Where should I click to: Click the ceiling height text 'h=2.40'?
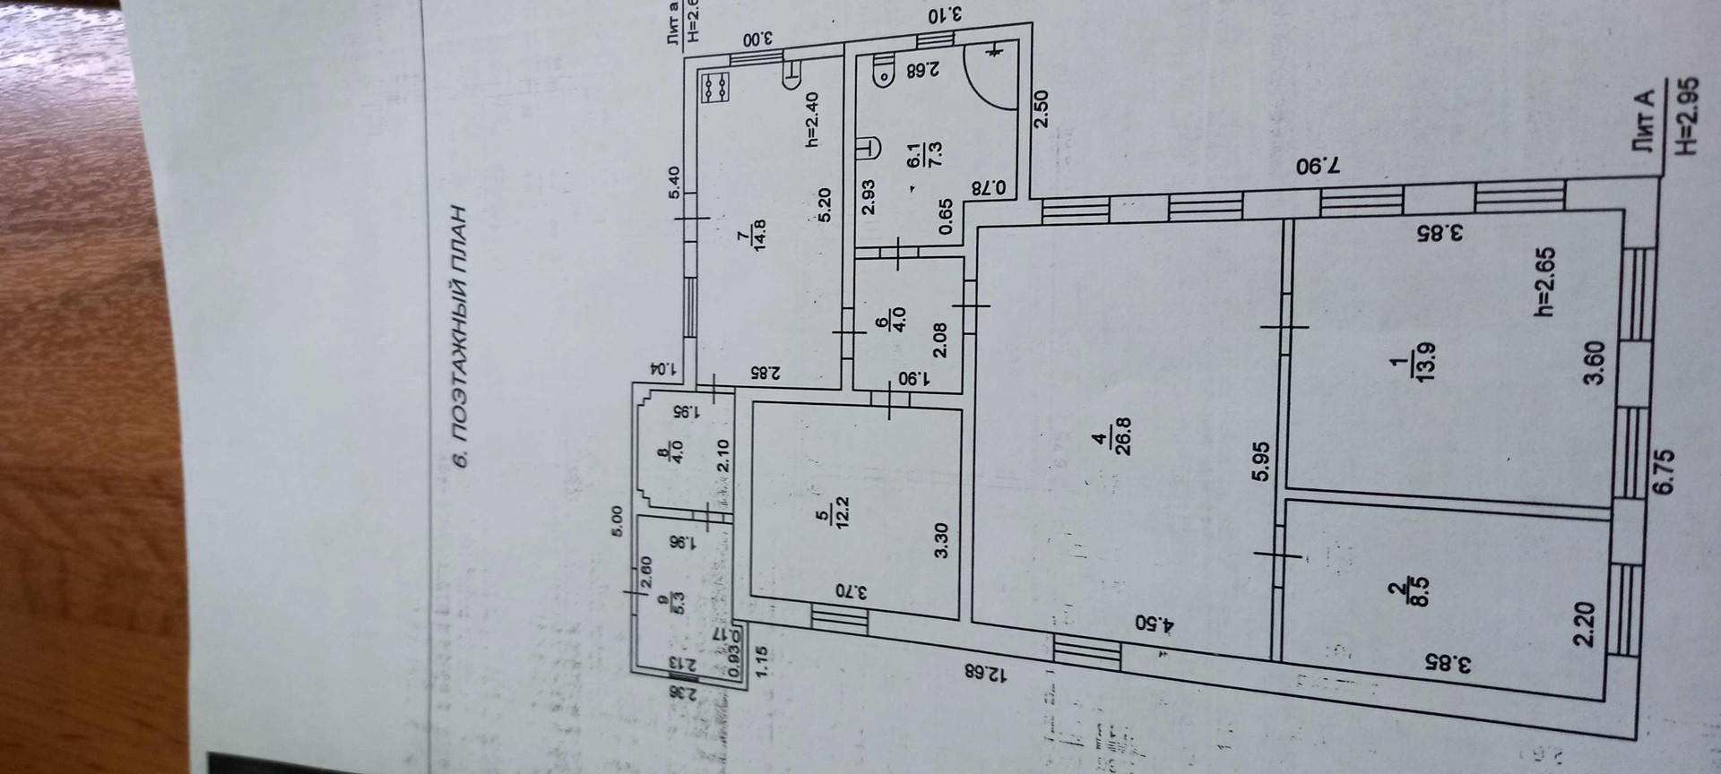pos(813,120)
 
